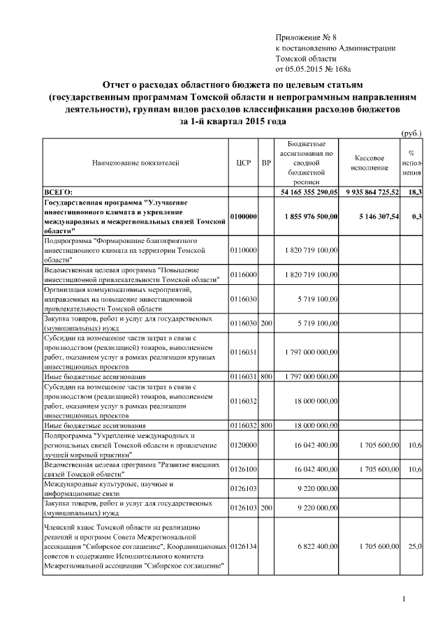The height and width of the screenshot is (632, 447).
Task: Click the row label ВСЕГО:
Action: pyautogui.click(x=59, y=191)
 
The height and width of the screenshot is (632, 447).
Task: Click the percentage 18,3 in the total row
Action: pyautogui.click(x=415, y=191)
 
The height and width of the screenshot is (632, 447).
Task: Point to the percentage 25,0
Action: pyautogui.click(x=415, y=545)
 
